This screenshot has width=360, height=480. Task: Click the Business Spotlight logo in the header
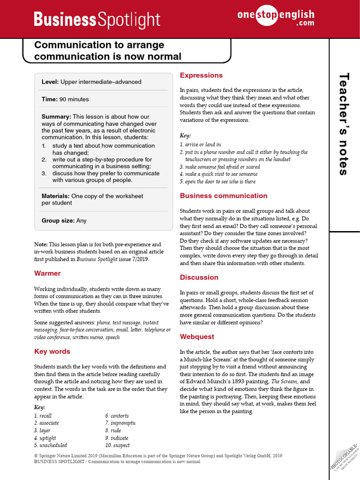[x=97, y=20]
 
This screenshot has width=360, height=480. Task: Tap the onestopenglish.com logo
[x=276, y=18]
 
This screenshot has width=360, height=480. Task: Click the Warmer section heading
[x=47, y=273]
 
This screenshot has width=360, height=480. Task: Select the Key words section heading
[x=52, y=351]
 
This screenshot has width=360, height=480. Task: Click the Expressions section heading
[x=201, y=75]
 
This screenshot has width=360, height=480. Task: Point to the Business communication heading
[x=224, y=195]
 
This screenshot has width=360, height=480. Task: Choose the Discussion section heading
[x=199, y=277]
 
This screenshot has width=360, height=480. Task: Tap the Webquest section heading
[x=197, y=337]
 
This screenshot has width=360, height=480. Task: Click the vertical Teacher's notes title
[x=344, y=124]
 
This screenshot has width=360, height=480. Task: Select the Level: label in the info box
[x=50, y=82]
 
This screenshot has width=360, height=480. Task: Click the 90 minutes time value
[x=74, y=99]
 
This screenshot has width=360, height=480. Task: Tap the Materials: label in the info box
[x=55, y=196]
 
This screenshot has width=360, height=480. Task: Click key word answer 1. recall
[x=43, y=416]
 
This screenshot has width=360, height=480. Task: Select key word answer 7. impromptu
[x=120, y=423]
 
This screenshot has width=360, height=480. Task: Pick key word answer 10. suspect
[x=117, y=445]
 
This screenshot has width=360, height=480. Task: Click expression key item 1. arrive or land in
[x=200, y=145]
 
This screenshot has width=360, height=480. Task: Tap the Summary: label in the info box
[x=56, y=117]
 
